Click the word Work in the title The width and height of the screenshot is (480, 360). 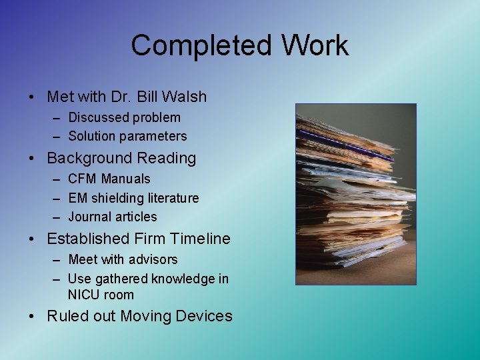(x=314, y=45)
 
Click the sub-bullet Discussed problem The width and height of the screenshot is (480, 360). (x=124, y=117)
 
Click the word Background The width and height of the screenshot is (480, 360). (x=89, y=158)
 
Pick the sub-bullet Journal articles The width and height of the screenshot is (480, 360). (x=113, y=217)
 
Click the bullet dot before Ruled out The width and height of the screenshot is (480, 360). (x=33, y=317)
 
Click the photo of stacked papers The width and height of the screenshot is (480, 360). (x=355, y=194)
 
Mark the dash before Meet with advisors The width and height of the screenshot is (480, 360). (x=54, y=259)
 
